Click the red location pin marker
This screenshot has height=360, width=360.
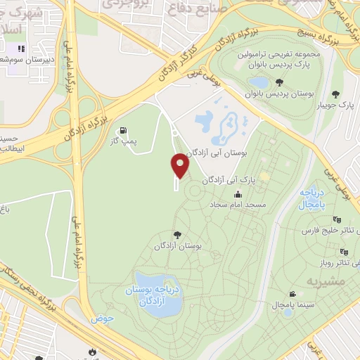click(180, 166)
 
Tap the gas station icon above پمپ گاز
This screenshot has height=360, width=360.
click(124, 130)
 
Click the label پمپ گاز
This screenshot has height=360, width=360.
click(125, 142)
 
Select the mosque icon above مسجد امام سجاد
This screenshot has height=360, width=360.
click(239, 194)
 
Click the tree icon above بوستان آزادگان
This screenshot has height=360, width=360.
click(176, 236)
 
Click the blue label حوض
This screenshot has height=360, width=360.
click(101, 319)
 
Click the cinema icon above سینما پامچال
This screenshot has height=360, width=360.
click(292, 294)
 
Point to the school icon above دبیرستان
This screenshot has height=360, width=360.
click(20, 49)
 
